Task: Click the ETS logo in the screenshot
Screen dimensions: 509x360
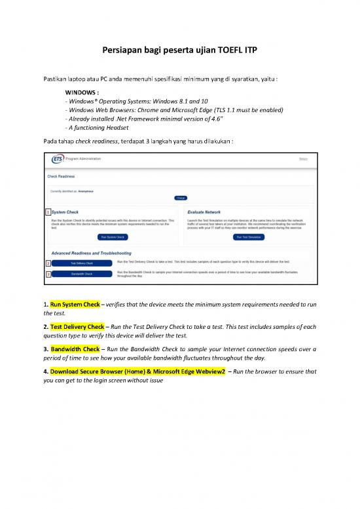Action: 58,159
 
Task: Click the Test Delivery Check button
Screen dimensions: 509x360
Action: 82,263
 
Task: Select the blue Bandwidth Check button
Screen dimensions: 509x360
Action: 82,274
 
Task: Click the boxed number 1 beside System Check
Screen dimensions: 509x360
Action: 48,213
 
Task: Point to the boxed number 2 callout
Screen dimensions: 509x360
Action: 48,263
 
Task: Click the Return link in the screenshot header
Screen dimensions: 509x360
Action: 303,159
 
